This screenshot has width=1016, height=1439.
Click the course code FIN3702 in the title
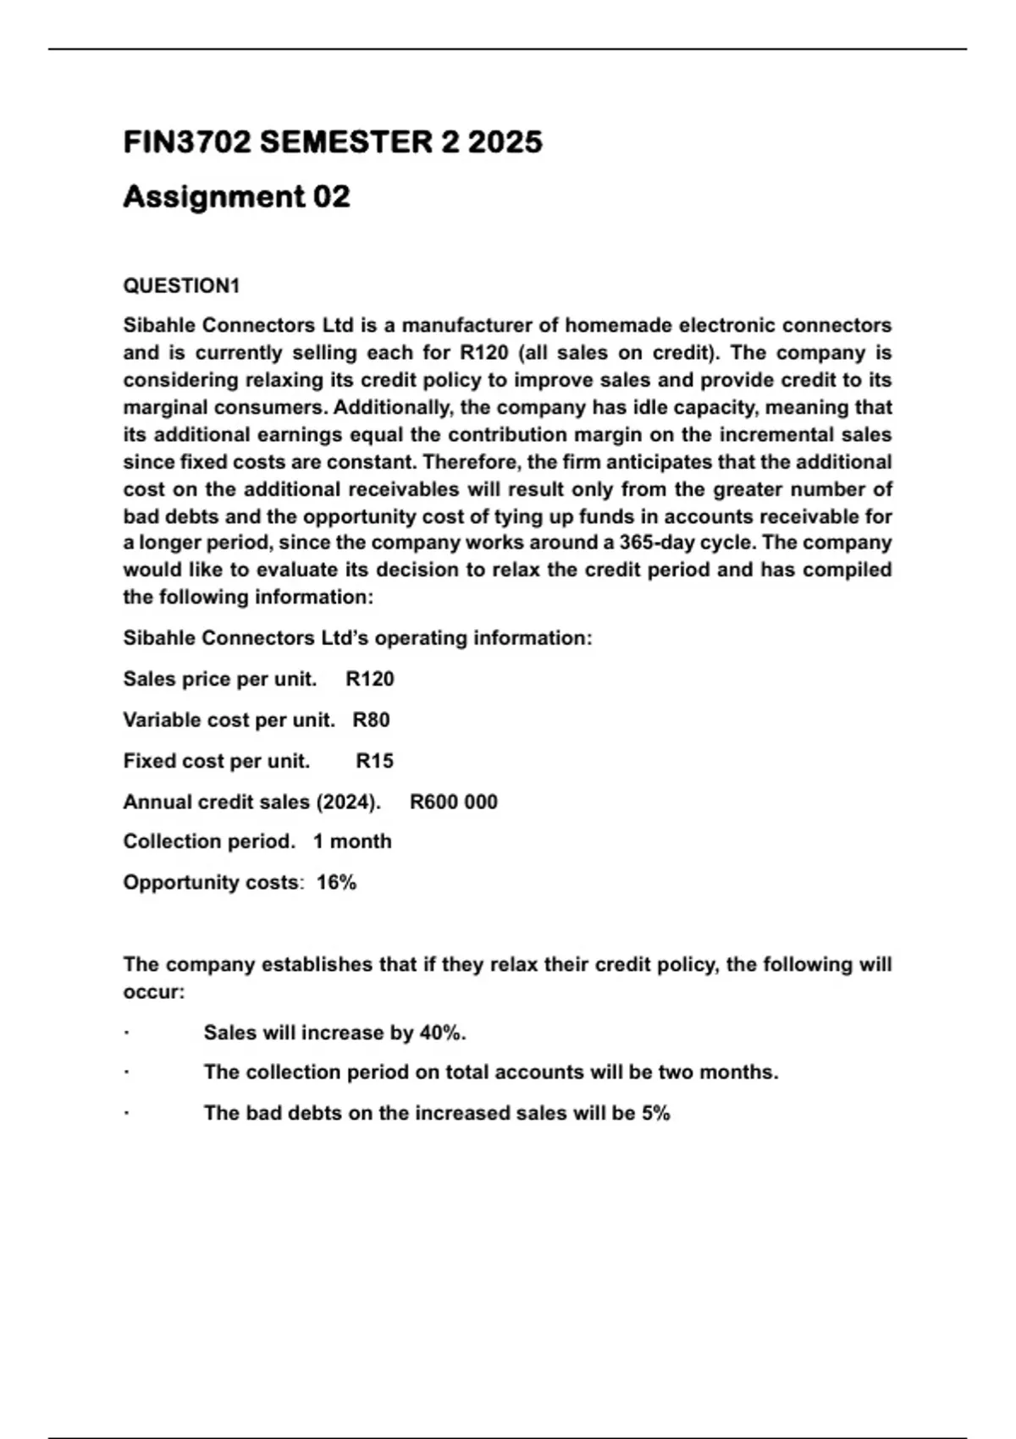187,142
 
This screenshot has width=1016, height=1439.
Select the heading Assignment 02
236,197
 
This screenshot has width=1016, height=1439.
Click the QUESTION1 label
181,286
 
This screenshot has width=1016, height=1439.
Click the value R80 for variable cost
371,720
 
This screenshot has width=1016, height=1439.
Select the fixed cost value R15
374,761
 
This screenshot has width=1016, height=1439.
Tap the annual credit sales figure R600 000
454,802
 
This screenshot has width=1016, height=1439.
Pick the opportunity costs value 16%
336,883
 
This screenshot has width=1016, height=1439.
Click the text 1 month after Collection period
352,841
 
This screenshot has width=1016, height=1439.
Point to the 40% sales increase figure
441,1033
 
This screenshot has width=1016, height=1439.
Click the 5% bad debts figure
655,1113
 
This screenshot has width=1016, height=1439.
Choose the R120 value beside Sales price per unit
370,679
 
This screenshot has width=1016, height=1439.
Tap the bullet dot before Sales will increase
126,1034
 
